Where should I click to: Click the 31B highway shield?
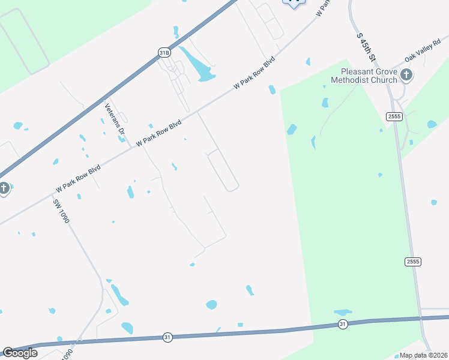(164, 53)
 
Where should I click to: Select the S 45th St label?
(366, 46)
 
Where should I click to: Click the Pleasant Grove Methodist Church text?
(364, 76)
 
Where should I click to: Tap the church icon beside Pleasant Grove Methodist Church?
(406, 75)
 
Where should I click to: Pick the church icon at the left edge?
(4, 188)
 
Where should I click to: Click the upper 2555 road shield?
(394, 116)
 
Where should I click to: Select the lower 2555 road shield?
(412, 262)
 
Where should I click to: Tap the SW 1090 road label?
(61, 211)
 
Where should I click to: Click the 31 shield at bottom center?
(167, 338)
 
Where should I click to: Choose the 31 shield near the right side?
(342, 324)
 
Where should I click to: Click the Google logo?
(20, 353)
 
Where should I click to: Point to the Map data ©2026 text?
(423, 355)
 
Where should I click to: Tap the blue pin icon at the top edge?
(294, 3)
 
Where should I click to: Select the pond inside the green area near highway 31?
(343, 313)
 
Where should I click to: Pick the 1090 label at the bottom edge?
(67, 353)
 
